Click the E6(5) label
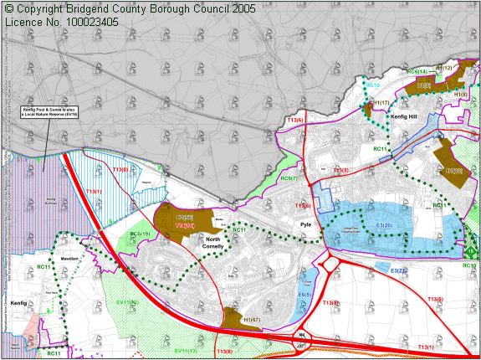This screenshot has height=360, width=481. tap(304, 294)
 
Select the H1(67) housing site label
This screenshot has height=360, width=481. tap(236, 319)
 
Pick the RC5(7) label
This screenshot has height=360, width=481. tap(289, 178)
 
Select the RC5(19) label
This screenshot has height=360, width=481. tap(140, 234)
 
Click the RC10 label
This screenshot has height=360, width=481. tap(470, 265)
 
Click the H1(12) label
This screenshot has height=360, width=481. tap(444, 68)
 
